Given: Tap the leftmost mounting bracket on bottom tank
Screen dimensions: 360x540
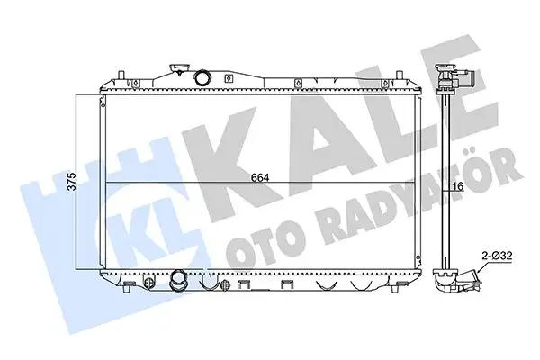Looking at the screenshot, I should [x=129, y=287].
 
